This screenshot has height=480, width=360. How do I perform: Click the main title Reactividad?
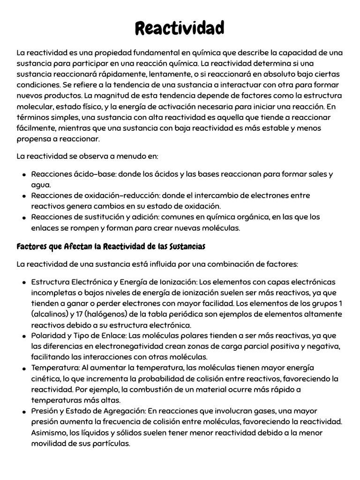coord(180,28)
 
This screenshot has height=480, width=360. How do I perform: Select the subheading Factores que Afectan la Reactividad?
coord(111,246)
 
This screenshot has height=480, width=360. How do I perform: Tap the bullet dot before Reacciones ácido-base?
coord(24,175)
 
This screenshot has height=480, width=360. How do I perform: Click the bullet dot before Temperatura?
coord(24,368)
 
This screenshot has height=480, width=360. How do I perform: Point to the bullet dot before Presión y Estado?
coord(24,412)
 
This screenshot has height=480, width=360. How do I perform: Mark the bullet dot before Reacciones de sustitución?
coord(24,217)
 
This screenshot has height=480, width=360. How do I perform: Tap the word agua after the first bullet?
coord(41,185)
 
